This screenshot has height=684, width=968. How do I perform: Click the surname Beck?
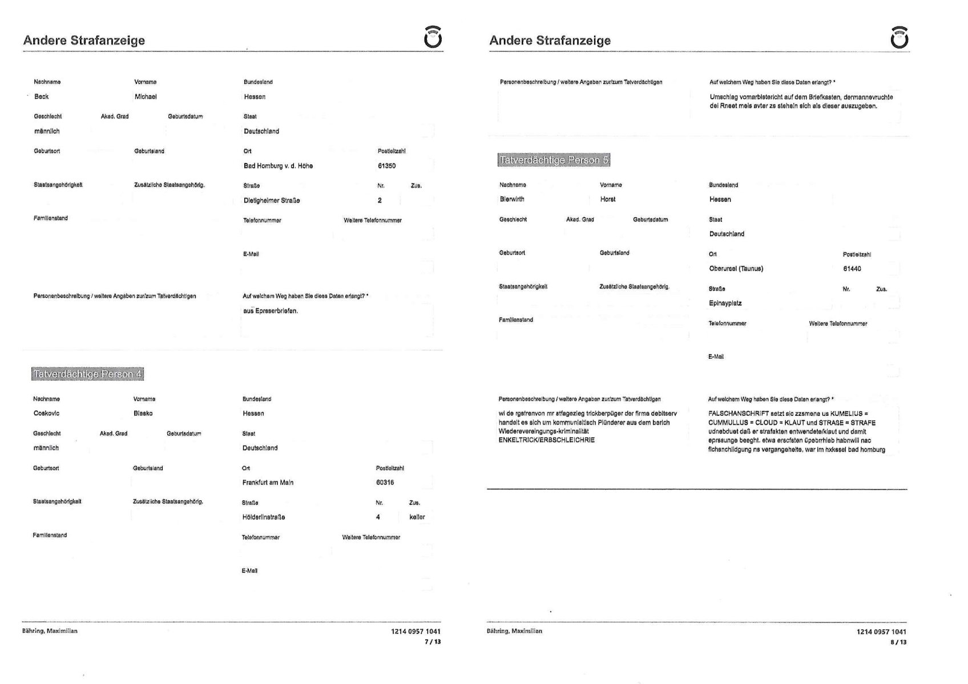(41, 97)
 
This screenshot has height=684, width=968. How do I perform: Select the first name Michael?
(146, 97)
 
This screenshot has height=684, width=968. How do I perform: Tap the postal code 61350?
(386, 166)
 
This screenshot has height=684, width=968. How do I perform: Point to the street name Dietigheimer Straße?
(272, 201)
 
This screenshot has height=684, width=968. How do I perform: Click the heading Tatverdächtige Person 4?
(87, 374)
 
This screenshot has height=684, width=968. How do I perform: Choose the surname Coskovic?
(46, 414)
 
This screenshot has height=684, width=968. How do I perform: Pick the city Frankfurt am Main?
(268, 483)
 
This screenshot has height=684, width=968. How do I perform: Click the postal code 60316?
(385, 483)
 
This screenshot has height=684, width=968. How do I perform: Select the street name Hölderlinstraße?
(264, 517)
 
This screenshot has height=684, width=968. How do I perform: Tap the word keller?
(417, 517)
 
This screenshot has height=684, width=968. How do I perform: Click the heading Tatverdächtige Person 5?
(554, 160)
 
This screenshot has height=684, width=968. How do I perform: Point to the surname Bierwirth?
(512, 200)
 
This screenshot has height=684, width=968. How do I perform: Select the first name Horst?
(608, 200)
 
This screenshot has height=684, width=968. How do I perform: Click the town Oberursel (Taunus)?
(736, 269)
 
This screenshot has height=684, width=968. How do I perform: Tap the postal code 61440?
(852, 269)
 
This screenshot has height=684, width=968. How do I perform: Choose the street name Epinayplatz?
(725, 303)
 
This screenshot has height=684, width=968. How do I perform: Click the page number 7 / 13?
(433, 642)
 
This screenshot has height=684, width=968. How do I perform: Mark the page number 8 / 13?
(898, 642)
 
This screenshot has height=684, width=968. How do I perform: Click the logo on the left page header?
(433, 38)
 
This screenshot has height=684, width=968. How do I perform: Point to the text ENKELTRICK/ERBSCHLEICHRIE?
(546, 440)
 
